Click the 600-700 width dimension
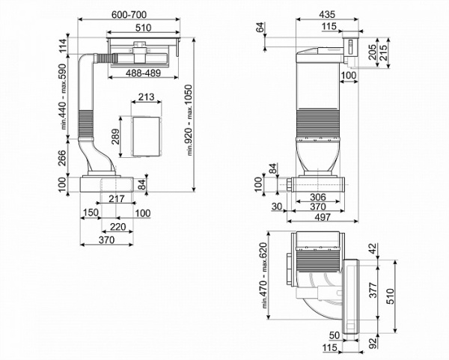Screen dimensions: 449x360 [129, 14]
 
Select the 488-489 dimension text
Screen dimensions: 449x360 [143, 73]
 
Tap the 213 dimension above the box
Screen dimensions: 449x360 [147, 97]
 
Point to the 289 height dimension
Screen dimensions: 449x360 [116, 137]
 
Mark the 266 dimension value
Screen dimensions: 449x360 [62, 158]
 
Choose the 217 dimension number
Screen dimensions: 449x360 [117, 198]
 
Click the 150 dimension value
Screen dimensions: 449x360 [91, 213]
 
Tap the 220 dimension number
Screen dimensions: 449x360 [118, 227]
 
